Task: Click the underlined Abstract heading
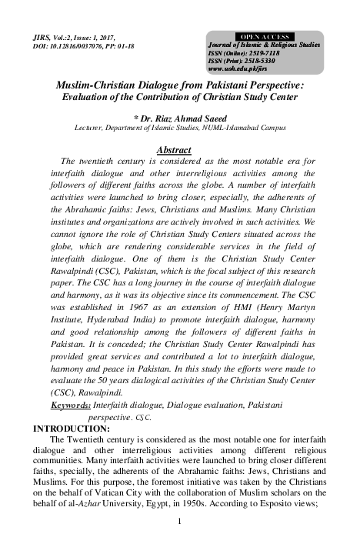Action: point(173,149)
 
